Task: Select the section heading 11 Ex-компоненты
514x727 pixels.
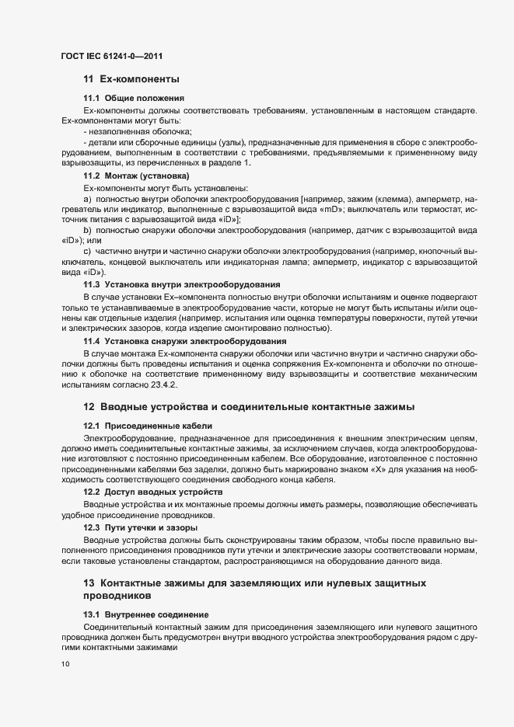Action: (131, 79)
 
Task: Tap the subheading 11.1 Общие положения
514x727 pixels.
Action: (133, 98)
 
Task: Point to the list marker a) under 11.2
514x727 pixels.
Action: (88, 200)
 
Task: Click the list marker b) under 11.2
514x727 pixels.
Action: (88, 231)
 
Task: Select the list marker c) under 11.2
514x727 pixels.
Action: (88, 252)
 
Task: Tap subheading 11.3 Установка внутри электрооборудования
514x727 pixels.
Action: (182, 285)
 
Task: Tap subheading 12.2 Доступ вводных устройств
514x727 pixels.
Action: (152, 492)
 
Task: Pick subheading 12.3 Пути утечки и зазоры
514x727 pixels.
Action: (140, 527)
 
